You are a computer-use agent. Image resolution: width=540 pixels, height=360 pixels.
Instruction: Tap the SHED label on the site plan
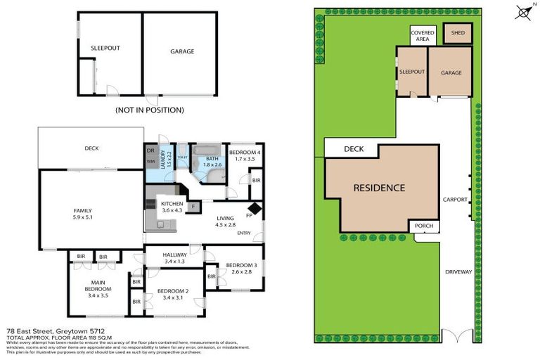tap(457, 33)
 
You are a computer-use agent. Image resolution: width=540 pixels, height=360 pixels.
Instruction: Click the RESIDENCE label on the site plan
tap(379, 188)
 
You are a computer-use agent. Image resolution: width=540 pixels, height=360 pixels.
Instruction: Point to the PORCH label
tap(424, 226)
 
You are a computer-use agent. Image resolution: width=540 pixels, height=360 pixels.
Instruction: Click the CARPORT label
tap(456, 200)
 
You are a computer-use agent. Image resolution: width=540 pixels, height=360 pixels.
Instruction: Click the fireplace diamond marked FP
tap(254, 209)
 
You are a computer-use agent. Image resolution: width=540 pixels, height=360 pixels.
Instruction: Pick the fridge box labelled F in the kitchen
tap(194, 206)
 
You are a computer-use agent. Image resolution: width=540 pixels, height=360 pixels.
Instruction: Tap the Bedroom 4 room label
tap(245, 156)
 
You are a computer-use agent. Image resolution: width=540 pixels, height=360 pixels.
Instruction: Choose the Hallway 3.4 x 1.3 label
tap(174, 258)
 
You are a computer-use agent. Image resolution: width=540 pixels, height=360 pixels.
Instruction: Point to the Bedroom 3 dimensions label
tap(238, 271)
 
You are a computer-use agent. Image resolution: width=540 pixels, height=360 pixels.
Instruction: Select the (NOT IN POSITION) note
tap(150, 110)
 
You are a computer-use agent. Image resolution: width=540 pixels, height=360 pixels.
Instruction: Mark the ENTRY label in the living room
tap(244, 233)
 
